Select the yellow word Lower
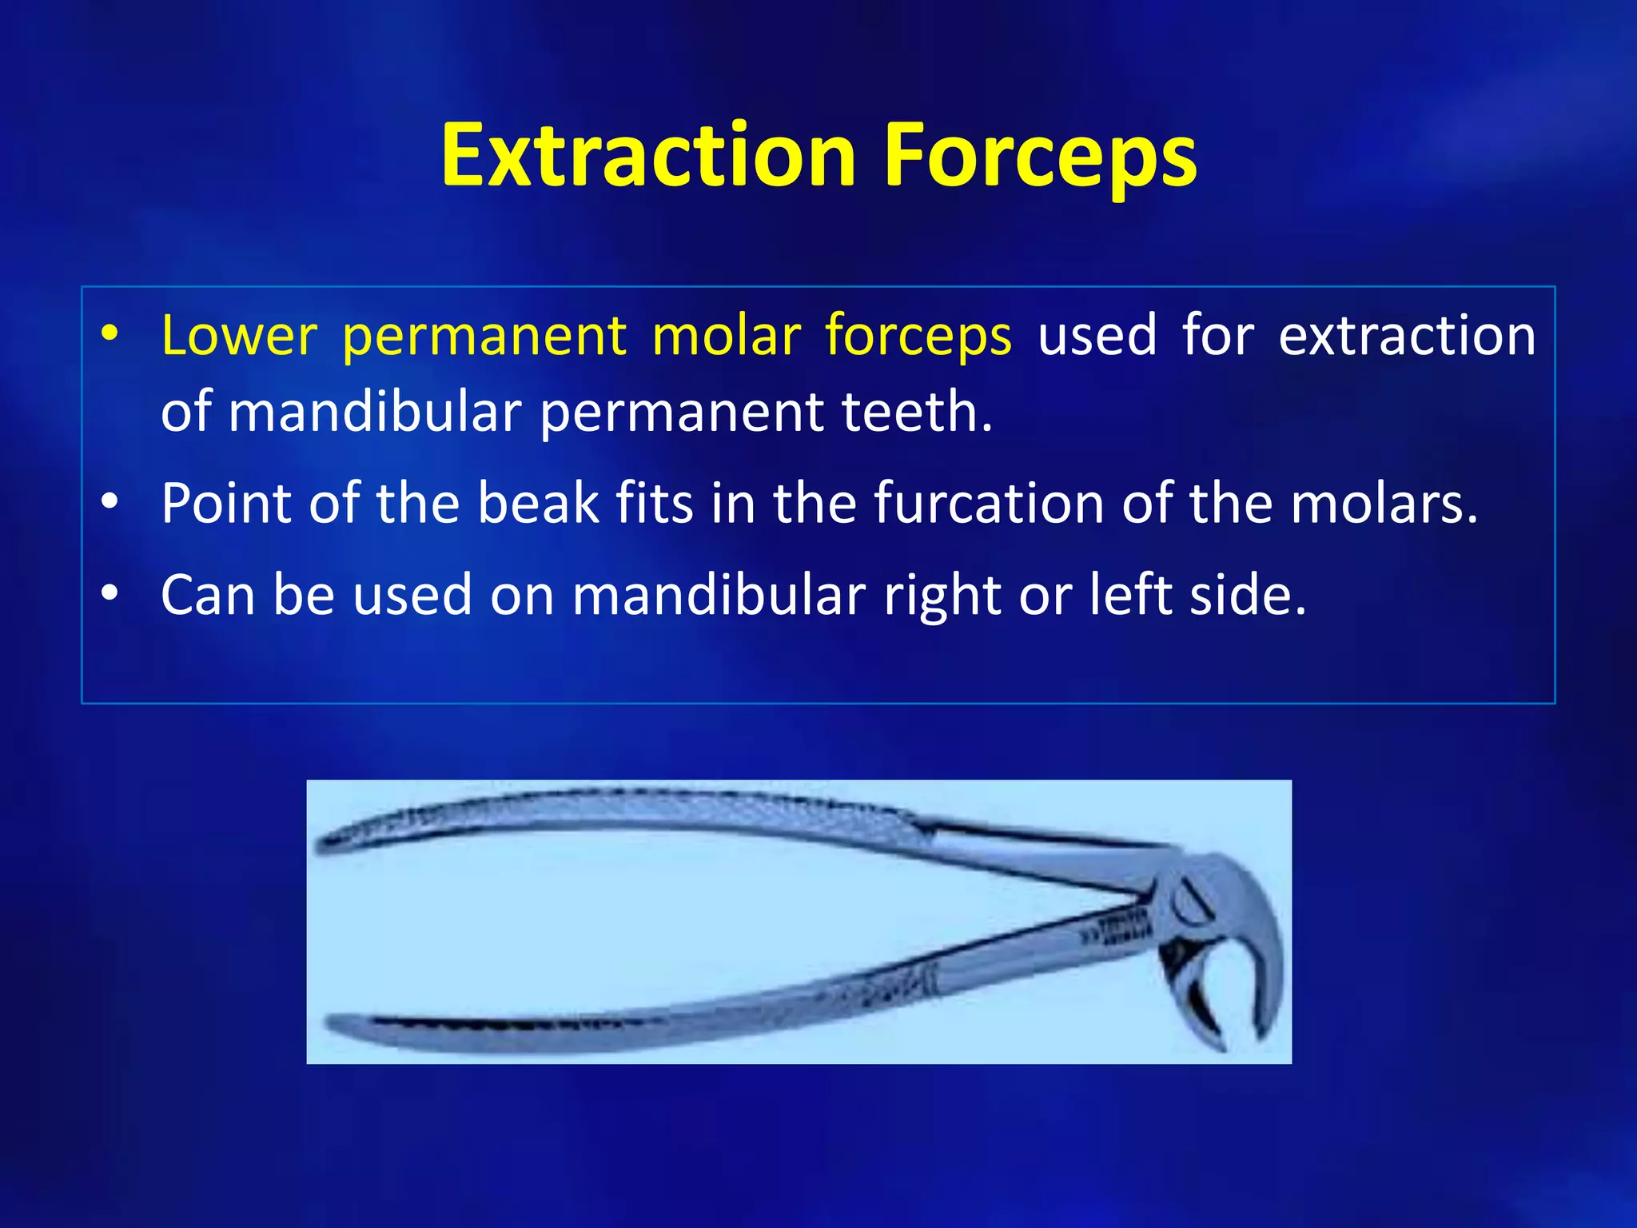(x=239, y=335)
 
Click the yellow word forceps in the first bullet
(x=918, y=335)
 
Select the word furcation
(x=987, y=504)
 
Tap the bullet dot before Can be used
(x=110, y=594)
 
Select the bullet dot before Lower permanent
(x=110, y=333)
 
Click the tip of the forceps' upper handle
(x=323, y=844)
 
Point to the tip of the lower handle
(x=333, y=1023)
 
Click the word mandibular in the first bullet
(x=374, y=412)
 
